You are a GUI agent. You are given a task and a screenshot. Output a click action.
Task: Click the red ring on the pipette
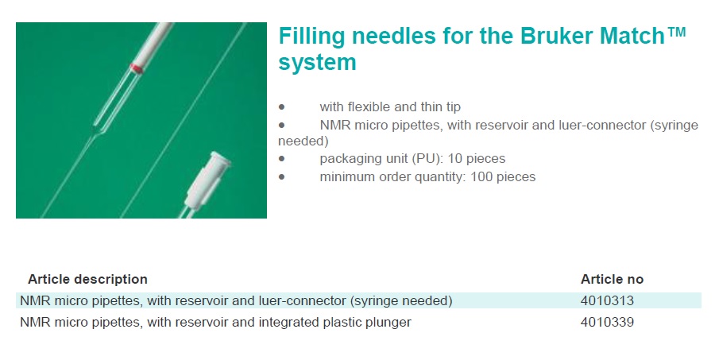click(x=137, y=68)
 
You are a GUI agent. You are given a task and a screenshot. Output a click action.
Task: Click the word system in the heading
click(x=317, y=63)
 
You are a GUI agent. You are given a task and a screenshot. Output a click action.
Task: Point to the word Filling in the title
click(x=311, y=37)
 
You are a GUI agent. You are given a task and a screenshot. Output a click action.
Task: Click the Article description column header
click(x=87, y=279)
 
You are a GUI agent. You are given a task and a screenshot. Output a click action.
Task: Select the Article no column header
click(x=612, y=279)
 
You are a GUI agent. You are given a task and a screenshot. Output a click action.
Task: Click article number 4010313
click(x=607, y=300)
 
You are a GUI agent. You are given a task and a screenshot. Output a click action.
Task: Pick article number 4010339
click(x=607, y=322)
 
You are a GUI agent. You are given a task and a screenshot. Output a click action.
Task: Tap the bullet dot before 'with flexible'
click(x=282, y=107)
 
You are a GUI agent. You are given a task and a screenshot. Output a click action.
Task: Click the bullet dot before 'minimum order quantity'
click(x=282, y=177)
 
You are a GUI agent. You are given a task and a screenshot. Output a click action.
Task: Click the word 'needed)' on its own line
click(x=303, y=141)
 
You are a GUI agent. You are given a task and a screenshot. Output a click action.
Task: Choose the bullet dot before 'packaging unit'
click(x=282, y=159)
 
